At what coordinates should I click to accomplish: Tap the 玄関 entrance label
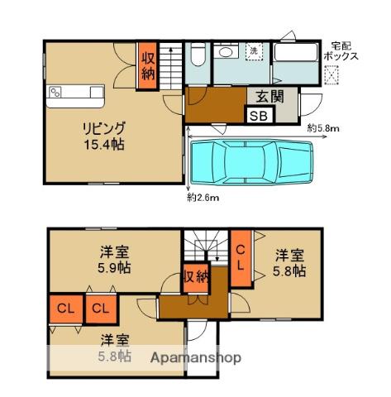tap(270, 97)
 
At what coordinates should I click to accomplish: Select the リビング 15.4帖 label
tap(104, 136)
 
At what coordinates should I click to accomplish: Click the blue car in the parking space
tap(252, 162)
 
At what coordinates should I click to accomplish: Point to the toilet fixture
tap(198, 55)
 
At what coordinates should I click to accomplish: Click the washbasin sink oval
tap(226, 52)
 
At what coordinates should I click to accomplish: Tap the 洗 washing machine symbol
tap(254, 50)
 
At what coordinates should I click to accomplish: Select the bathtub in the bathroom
tap(295, 51)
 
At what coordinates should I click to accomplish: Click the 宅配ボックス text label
tap(341, 51)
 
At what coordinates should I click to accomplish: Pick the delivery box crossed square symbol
tap(331, 74)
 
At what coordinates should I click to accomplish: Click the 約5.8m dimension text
tap(323, 128)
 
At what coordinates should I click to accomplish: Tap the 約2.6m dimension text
tap(203, 198)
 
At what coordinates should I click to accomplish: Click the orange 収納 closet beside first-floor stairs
tap(148, 65)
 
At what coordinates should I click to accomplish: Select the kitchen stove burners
tap(55, 92)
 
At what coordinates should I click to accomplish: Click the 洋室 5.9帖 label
tap(114, 260)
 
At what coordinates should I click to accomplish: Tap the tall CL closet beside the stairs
tap(241, 258)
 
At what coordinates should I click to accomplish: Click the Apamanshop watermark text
tap(196, 358)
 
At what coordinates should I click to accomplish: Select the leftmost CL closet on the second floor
tap(66, 309)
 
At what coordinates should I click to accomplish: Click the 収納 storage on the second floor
tap(196, 278)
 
